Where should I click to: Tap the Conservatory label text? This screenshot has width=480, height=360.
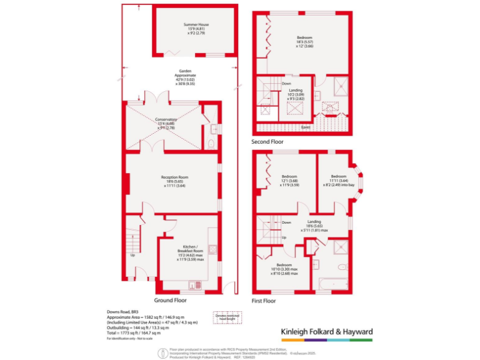tap(166, 122)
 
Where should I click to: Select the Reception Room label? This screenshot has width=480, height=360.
tap(174, 181)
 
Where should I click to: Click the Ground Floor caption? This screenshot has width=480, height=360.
tap(170, 300)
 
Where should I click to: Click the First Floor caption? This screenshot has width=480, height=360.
tap(263, 301)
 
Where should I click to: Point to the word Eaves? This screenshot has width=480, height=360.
tap(306, 127)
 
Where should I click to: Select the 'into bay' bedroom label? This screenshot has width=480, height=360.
tap(338, 181)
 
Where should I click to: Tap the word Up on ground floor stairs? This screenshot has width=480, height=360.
tap(132, 255)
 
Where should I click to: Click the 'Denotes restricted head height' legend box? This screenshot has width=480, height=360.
tap(227, 317)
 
